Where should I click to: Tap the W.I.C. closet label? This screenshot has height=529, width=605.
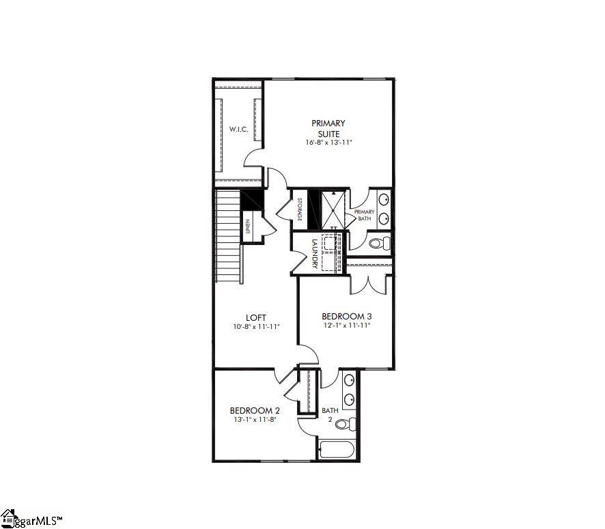[238, 129]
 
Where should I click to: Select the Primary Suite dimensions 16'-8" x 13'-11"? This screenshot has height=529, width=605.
[328, 143]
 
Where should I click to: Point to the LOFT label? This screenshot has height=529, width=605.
[256, 317]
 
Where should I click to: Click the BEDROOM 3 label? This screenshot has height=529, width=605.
[346, 317]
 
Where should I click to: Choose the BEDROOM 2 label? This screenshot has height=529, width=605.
[255, 410]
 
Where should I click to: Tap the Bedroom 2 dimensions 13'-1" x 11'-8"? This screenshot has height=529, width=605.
[255, 420]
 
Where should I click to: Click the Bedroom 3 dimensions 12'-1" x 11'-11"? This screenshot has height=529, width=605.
[346, 326]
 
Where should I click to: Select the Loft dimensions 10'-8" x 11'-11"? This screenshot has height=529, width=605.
[256, 327]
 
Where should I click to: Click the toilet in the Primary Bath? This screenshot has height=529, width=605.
[378, 242]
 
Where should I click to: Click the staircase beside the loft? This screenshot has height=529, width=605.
[228, 235]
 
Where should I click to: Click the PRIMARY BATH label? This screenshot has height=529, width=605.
[364, 215]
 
